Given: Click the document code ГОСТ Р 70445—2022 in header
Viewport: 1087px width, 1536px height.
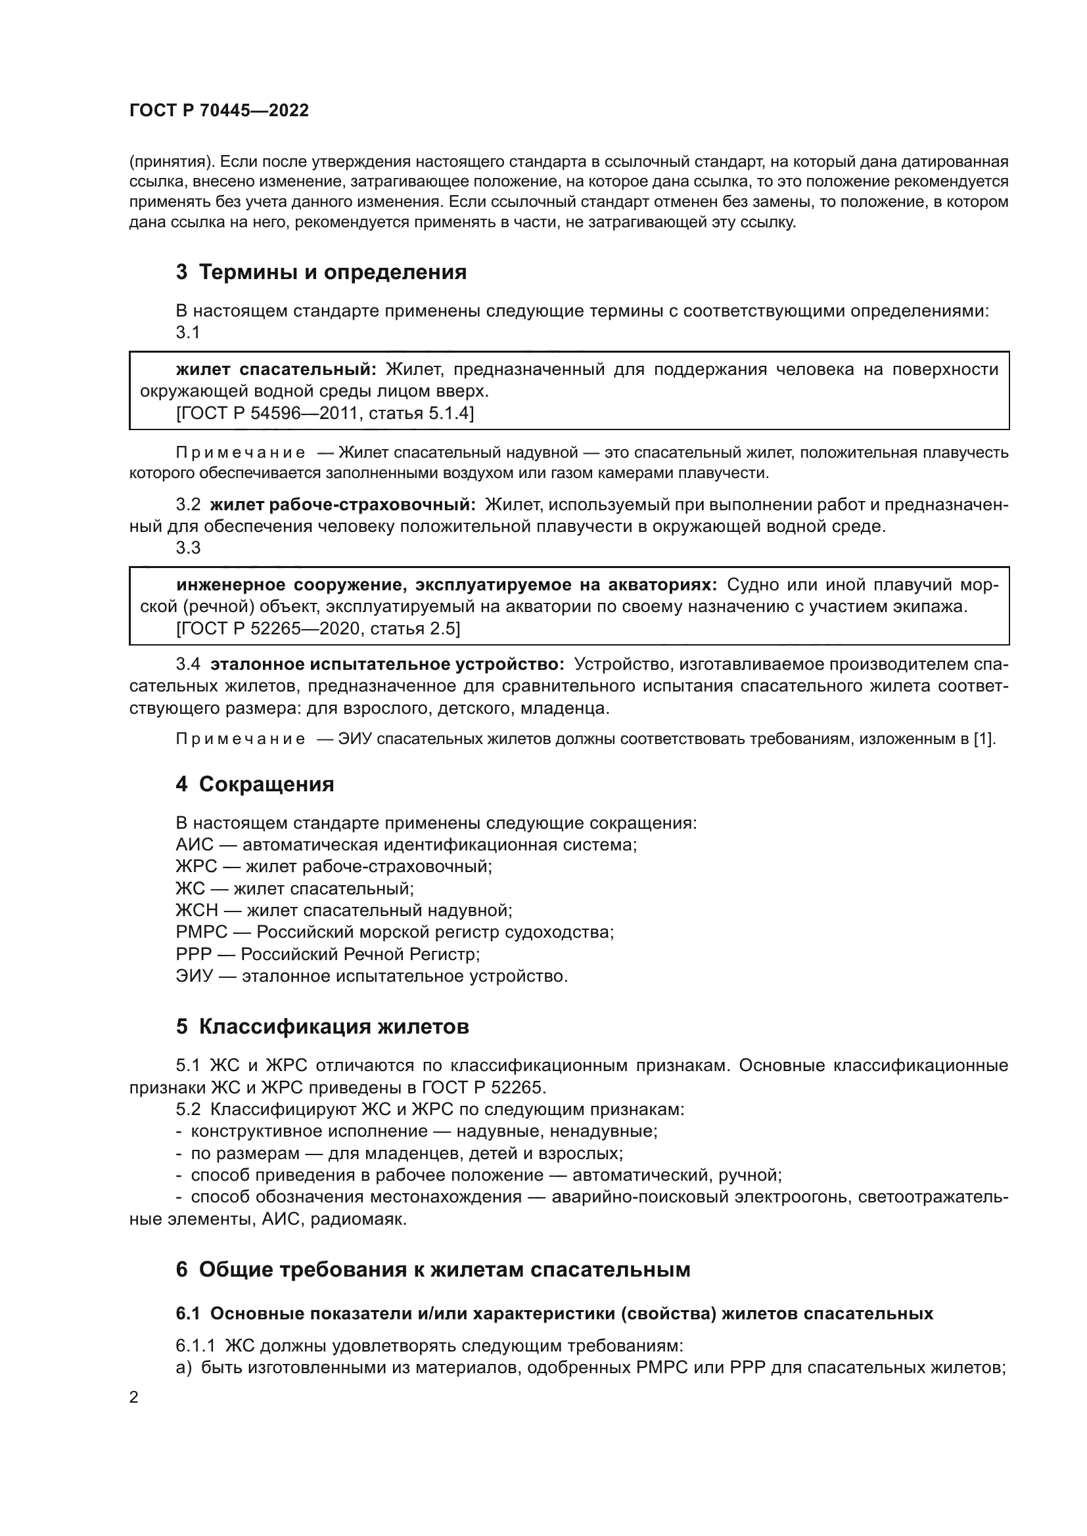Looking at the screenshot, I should pyautogui.click(x=219, y=111).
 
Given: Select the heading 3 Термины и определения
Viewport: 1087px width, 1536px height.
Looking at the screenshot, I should pyautogui.click(x=321, y=273).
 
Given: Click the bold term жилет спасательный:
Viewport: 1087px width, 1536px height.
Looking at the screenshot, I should pyautogui.click(x=277, y=369).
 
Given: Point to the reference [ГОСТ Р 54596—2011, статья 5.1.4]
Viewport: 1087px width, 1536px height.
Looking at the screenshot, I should pyautogui.click(x=325, y=414).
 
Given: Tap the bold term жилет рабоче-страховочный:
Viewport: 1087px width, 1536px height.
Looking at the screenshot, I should pyautogui.click(x=342, y=504).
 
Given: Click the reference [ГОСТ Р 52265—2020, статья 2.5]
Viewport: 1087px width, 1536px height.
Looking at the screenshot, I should pyautogui.click(x=318, y=629).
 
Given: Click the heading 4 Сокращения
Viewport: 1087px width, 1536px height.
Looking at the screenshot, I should pyautogui.click(x=255, y=784).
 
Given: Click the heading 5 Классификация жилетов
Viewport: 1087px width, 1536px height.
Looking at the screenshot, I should pyautogui.click(x=322, y=1027).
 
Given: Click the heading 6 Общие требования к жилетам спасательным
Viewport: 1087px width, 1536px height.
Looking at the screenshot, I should pyautogui.click(x=433, y=1270).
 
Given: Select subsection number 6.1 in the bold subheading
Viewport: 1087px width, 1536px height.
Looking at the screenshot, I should pyautogui.click(x=189, y=1314).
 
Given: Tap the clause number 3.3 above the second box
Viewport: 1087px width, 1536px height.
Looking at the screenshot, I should pyautogui.click(x=188, y=548).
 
